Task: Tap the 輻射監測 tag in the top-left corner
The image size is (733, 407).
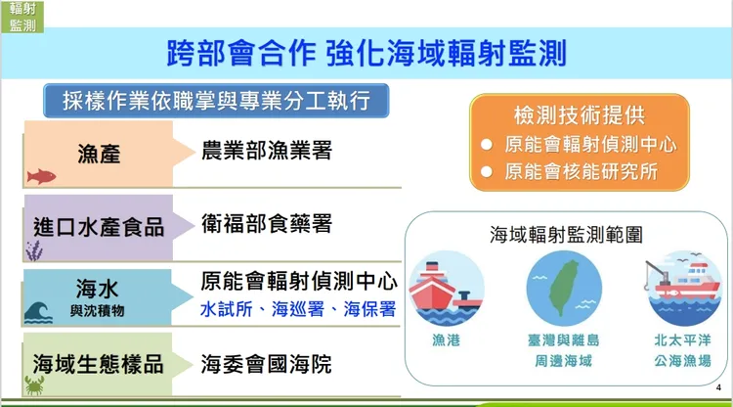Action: [x=22, y=17]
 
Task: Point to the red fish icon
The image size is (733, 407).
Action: [x=41, y=177]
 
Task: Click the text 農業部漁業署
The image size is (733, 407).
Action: [x=266, y=151]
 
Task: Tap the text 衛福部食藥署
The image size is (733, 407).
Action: [x=266, y=224]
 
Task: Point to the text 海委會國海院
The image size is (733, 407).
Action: [x=266, y=365]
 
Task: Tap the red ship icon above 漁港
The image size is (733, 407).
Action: [x=446, y=289]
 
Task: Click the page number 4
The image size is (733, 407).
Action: [x=718, y=389]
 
